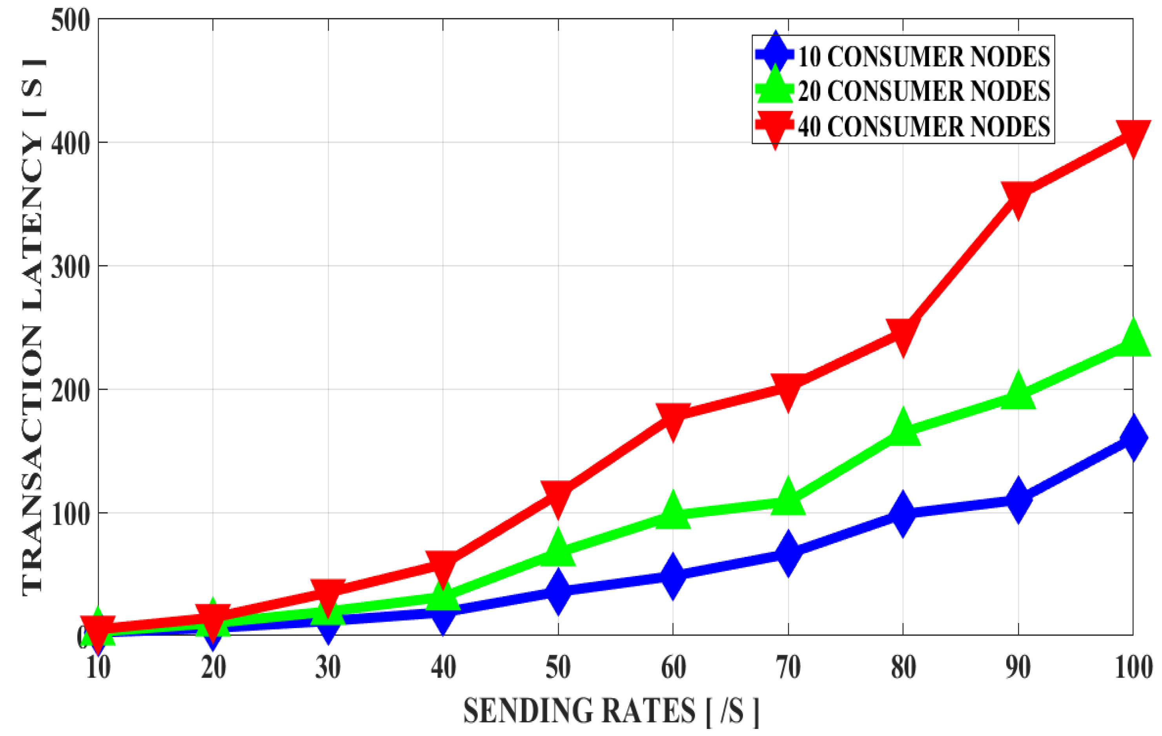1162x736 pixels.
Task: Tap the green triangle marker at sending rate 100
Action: click(x=1132, y=340)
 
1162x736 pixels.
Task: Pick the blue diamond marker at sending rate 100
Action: click(x=1132, y=437)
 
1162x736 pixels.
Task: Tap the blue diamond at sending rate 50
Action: click(x=558, y=591)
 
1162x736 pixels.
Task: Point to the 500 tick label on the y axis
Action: click(x=71, y=21)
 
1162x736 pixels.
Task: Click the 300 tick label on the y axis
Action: click(x=71, y=267)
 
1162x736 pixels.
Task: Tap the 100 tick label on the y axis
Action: click(x=71, y=514)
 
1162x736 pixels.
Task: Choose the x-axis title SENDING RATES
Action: click(x=610, y=711)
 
